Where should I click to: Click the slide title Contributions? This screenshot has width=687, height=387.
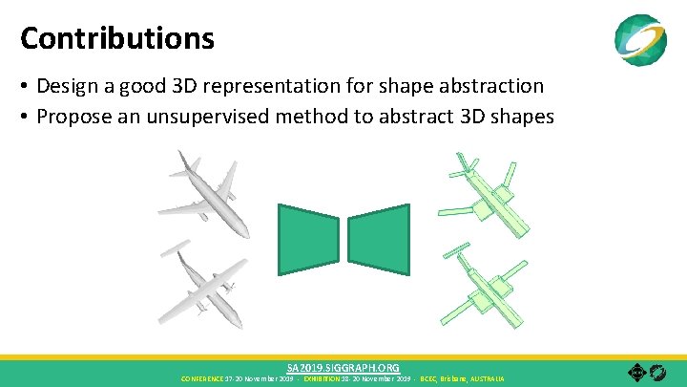[117, 38]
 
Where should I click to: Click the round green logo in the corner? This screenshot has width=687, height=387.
[640, 39]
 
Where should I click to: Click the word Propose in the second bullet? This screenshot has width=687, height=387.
[73, 117]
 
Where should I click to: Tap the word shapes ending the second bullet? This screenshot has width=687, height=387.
[523, 117]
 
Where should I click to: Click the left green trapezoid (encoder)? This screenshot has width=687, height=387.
[308, 239]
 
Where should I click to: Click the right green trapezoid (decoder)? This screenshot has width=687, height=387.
[378, 239]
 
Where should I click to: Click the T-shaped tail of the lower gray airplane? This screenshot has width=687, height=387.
[177, 253]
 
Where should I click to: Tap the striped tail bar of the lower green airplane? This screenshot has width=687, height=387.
[458, 250]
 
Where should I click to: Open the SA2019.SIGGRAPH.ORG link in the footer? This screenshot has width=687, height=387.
[343, 367]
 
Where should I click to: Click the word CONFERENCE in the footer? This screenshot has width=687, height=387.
[202, 378]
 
